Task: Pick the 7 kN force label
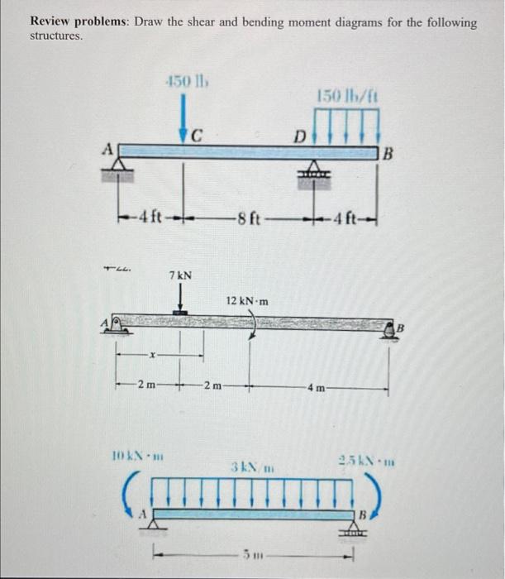point(181,274)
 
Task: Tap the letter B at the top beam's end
point(389,152)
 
